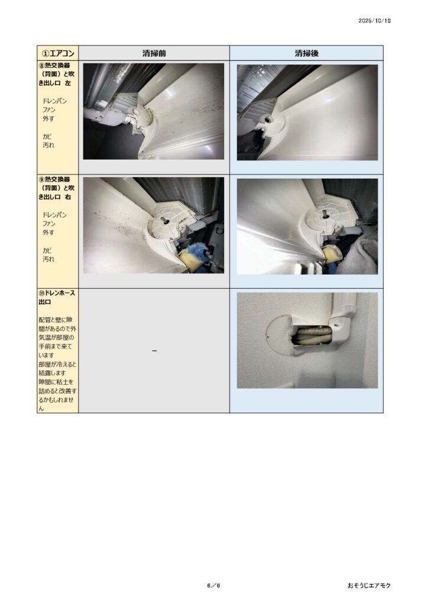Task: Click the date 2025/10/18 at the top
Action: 374,21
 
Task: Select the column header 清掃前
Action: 154,53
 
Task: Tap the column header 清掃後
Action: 306,53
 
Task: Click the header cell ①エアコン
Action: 58,53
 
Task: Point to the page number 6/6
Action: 213,585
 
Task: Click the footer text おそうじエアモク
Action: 369,585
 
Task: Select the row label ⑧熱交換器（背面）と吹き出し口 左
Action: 56,74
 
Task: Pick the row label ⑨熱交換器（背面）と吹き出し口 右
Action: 56,188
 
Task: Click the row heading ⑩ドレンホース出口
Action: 56,298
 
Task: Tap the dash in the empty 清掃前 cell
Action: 154,351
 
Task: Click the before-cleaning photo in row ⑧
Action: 154,111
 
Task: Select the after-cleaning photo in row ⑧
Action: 307,112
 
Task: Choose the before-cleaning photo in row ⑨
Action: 154,225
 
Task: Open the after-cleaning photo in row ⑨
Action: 307,227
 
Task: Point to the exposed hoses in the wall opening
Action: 312,335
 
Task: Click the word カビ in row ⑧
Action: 47,137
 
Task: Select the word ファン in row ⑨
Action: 49,224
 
